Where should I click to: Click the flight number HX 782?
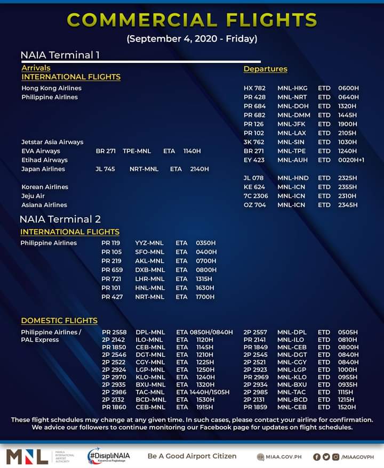tap(254, 88)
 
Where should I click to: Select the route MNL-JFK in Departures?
tap(292, 124)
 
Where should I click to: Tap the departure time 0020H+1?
tap(351, 160)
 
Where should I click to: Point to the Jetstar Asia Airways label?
tap(52, 142)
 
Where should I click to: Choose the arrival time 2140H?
tap(199, 169)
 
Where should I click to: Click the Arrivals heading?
tap(36, 68)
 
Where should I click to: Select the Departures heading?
tap(265, 69)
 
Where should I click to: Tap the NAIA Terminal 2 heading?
tap(60, 219)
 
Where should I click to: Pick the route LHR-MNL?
tap(149, 279)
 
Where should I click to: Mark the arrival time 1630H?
tap(205, 288)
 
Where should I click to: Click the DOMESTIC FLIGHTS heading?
tap(59, 321)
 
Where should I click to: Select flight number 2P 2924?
tap(114, 370)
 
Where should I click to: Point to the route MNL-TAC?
tap(292, 392)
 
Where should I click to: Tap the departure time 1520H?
tap(348, 407)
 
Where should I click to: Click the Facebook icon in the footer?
tap(317, 457)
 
